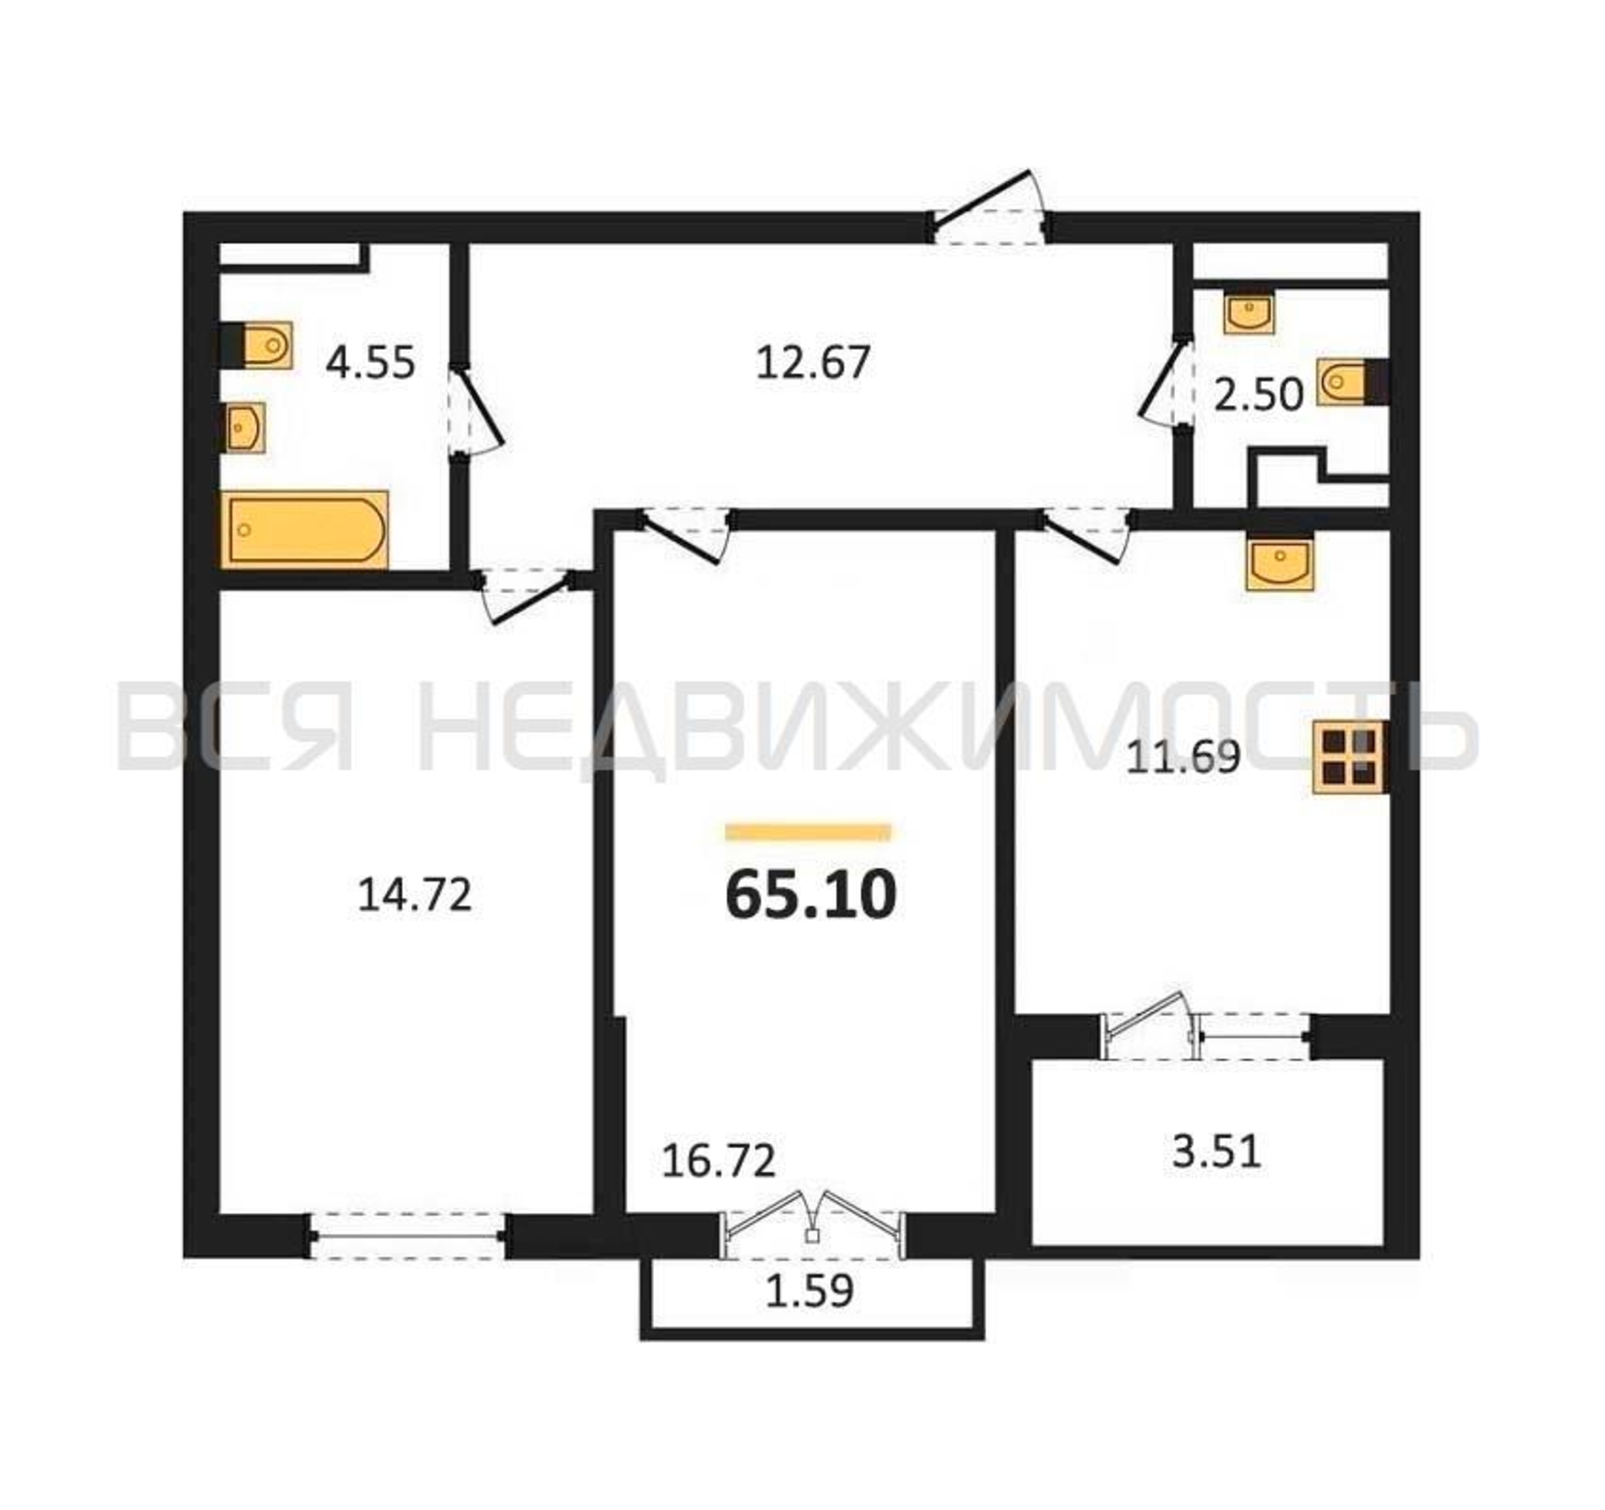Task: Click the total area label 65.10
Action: [810, 897]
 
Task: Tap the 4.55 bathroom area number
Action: [370, 362]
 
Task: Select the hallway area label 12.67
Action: [813, 362]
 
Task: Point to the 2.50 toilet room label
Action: [1258, 396]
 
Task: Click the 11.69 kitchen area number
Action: [1182, 758]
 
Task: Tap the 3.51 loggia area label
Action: [1216, 1151]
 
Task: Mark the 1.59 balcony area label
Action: [809, 1290]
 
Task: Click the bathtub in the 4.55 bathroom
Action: [304, 529]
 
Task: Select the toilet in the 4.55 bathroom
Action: [257, 346]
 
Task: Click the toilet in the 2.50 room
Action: [1353, 381]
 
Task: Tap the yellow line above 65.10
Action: [808, 832]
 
